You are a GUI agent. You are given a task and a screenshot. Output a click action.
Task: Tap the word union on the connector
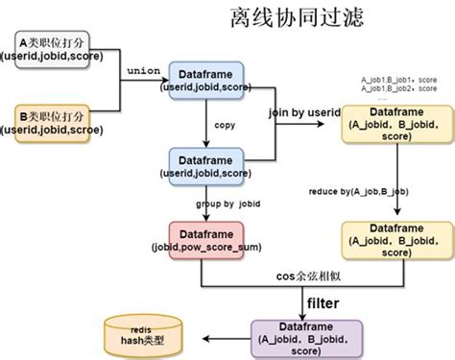click(x=143, y=72)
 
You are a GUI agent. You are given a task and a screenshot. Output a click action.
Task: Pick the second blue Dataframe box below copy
click(x=207, y=165)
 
